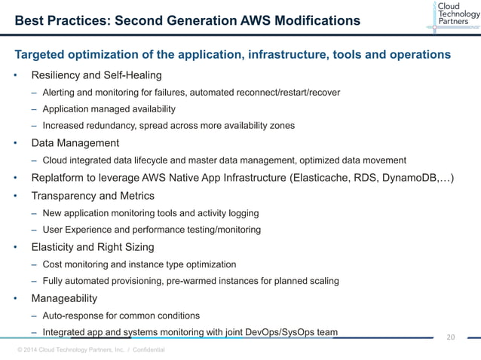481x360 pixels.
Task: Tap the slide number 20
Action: [x=452, y=337]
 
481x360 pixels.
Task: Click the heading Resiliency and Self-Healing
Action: [x=96, y=75]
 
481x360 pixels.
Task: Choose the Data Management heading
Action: [x=75, y=142]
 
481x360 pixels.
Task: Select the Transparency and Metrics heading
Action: [x=92, y=196]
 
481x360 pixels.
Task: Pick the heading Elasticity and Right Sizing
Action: [x=92, y=246]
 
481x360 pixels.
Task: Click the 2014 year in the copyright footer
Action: [x=34, y=350]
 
